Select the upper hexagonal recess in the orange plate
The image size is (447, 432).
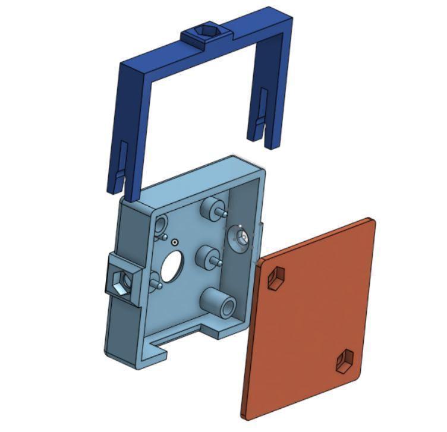point(276,278)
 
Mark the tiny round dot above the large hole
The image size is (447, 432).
point(174,242)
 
